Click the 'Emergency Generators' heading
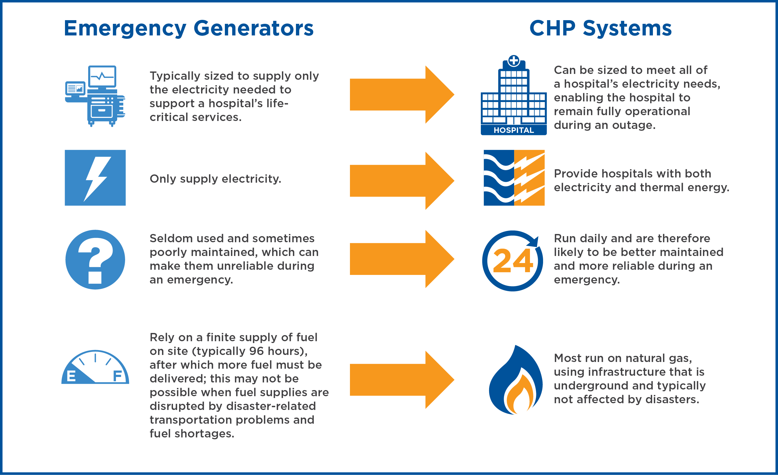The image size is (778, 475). click(x=189, y=28)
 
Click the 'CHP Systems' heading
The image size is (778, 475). click(x=600, y=28)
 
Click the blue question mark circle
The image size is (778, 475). click(x=95, y=259)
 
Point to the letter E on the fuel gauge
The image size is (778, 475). click(x=71, y=376)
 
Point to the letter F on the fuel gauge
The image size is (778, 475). click(x=117, y=376)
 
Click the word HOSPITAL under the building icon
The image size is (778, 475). click(x=514, y=130)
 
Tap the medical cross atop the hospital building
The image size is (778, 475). click(x=514, y=60)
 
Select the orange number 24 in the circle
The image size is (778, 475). click(x=513, y=261)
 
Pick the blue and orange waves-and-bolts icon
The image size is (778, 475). click(x=514, y=177)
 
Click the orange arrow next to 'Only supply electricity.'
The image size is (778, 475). click(x=402, y=181)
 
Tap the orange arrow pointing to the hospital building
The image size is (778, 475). click(x=402, y=94)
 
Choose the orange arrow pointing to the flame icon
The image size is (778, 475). click(x=402, y=380)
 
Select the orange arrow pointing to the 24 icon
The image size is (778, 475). click(x=402, y=259)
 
